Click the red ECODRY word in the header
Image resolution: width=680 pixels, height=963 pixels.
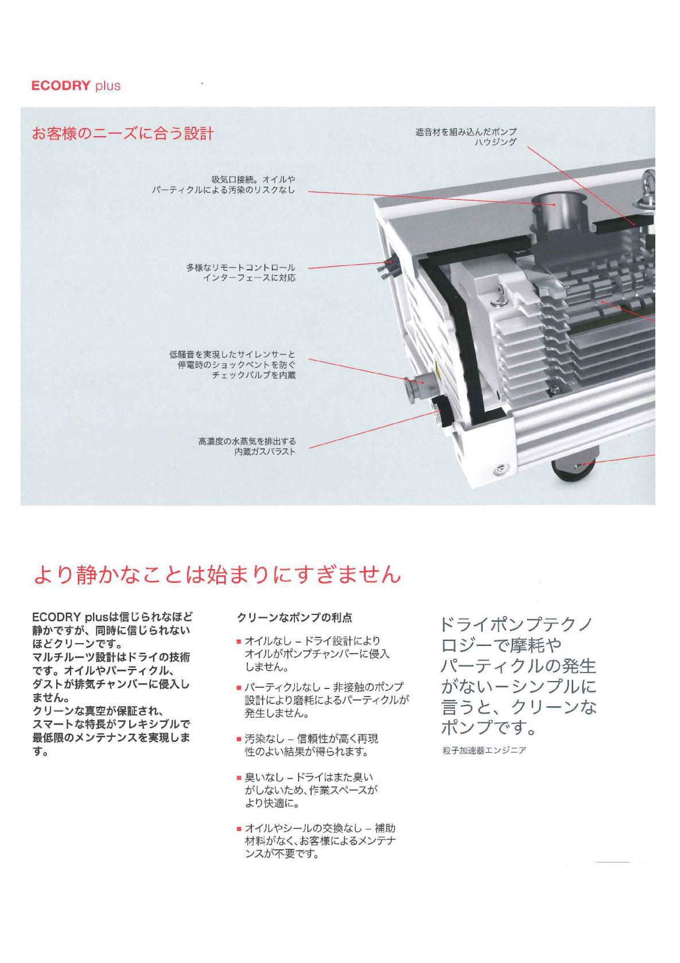[x=61, y=86]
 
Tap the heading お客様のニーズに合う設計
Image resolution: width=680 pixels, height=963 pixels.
[x=123, y=134]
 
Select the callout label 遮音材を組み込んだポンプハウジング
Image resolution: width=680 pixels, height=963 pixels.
[x=466, y=137]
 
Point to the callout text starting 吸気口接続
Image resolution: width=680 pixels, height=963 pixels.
[x=224, y=184]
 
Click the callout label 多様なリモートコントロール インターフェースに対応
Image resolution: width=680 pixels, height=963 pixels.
[x=241, y=273]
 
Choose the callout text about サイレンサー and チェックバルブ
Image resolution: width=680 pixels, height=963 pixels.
[x=232, y=365]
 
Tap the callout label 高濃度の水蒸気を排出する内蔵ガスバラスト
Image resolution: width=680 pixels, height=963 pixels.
[x=247, y=446]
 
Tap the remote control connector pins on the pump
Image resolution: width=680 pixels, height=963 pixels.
[x=385, y=269]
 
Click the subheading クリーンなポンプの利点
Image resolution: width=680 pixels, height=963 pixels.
[x=295, y=618]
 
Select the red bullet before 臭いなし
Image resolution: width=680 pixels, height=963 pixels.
[x=239, y=778]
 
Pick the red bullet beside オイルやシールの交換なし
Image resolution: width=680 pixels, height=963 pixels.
[x=239, y=829]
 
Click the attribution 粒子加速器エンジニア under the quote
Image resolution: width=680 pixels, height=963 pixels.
[x=484, y=751]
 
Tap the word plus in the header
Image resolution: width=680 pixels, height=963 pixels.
[x=108, y=86]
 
